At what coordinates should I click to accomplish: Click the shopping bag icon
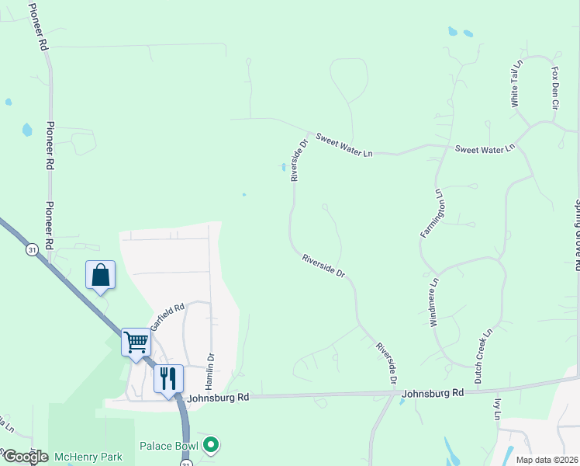pos(101,275)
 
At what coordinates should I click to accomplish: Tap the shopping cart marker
pos(136,342)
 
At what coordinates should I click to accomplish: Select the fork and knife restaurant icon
pos(168,378)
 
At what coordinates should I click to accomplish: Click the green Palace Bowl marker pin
pos(210,446)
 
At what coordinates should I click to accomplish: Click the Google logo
pos(25,457)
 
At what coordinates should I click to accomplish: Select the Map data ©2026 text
pos(547,460)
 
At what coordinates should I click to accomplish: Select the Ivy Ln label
pos(497,409)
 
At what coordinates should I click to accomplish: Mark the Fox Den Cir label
pos(555,86)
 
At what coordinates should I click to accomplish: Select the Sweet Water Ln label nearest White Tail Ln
pos(485,148)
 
